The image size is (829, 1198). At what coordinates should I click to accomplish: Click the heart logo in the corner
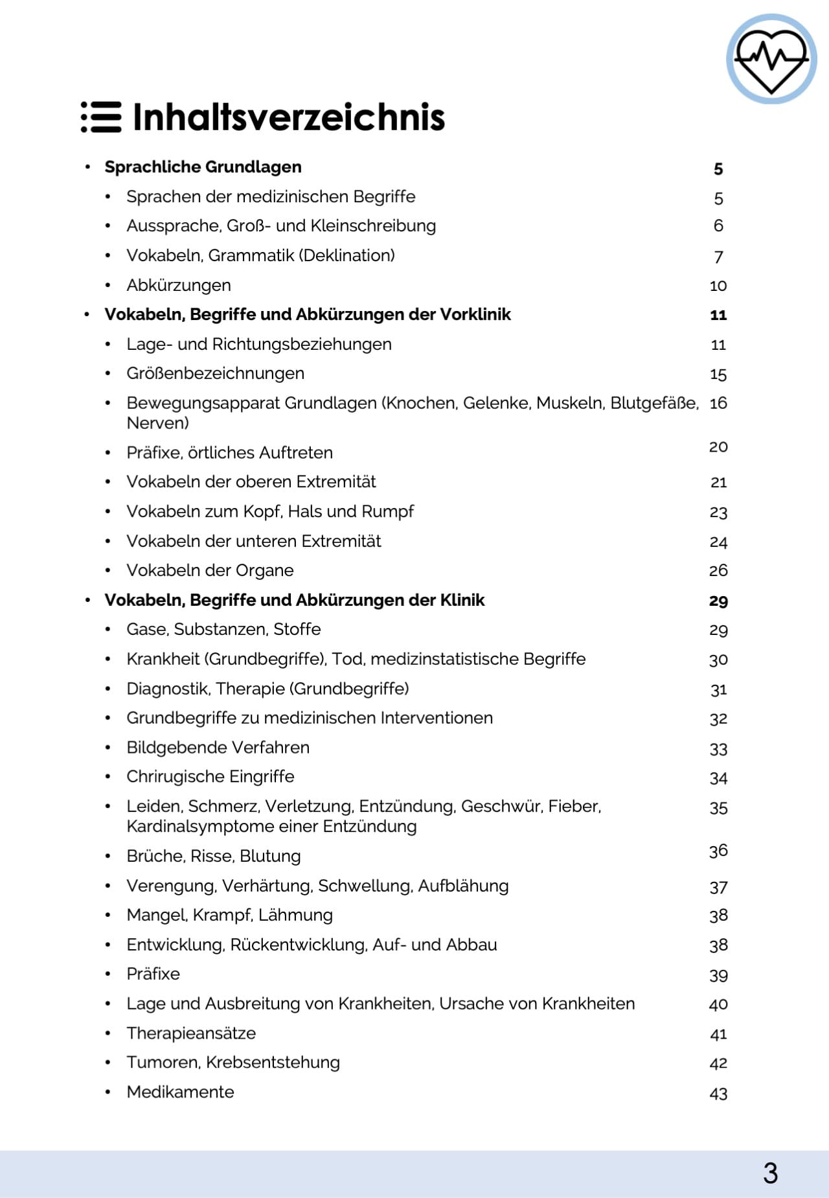(771, 59)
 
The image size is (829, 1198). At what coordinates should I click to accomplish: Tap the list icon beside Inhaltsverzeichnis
(101, 117)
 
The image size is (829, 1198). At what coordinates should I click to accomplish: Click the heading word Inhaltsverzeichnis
(289, 117)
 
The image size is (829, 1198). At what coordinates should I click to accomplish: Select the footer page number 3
(770, 1173)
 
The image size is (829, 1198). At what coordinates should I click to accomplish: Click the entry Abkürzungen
(179, 286)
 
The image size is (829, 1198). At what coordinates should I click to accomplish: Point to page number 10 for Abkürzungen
(718, 286)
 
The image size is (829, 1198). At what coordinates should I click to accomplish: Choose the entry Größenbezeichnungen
(215, 374)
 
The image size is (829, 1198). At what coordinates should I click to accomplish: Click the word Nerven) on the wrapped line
(157, 423)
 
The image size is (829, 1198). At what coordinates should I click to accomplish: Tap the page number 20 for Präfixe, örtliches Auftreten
(718, 447)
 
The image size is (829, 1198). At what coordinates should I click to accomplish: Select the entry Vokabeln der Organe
(210, 571)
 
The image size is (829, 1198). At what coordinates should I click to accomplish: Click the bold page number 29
(718, 601)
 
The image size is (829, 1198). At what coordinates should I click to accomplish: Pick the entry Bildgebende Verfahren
(218, 748)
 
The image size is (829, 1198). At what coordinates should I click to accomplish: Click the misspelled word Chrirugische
(168, 777)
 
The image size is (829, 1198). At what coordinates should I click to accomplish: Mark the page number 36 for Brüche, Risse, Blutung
(718, 851)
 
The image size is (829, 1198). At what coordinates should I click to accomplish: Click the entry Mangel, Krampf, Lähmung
(229, 916)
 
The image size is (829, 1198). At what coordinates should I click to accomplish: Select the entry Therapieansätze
(191, 1033)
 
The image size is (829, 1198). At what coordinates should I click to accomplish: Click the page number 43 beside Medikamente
(718, 1094)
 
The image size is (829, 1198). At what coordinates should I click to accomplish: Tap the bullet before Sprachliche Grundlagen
(87, 167)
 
